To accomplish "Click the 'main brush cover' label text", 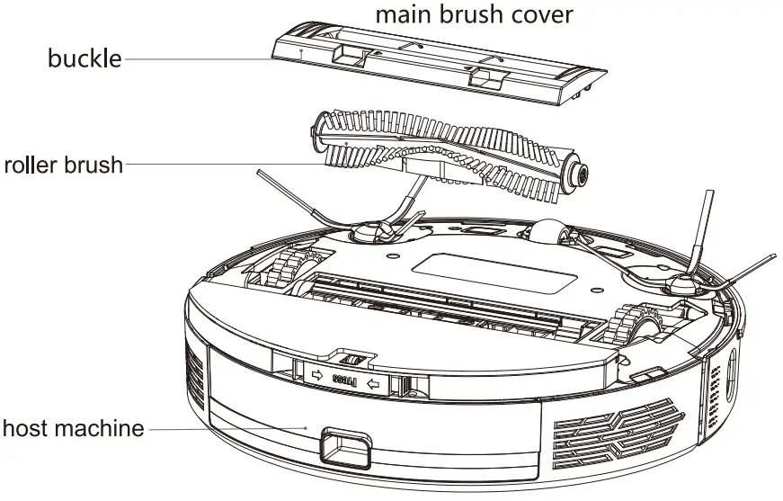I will [473, 14].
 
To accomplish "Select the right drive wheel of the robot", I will [629, 326].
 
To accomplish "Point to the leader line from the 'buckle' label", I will [198, 60].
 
